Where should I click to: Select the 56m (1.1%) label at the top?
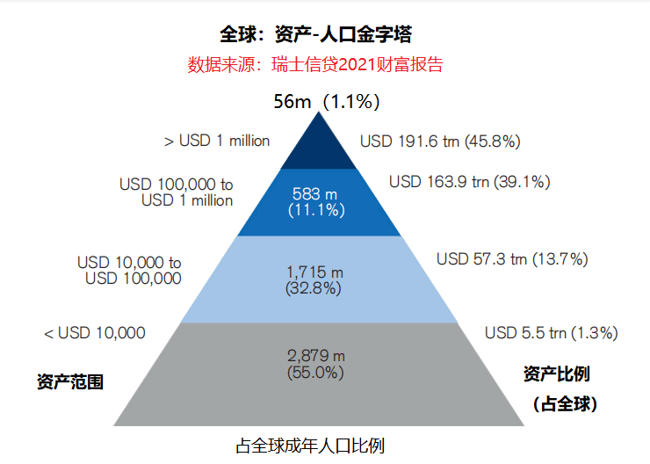click(x=326, y=102)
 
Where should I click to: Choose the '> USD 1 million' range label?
click(x=217, y=141)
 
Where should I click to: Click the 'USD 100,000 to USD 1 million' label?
click(x=177, y=192)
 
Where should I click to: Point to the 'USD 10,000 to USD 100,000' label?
click(x=129, y=271)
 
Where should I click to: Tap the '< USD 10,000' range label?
click(x=95, y=333)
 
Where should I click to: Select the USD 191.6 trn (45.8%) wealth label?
click(x=441, y=141)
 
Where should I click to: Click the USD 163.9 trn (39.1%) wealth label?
click(x=469, y=182)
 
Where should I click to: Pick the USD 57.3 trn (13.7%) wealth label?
click(x=512, y=259)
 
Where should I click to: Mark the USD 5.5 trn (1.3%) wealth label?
click(x=552, y=333)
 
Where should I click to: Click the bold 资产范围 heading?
click(x=70, y=382)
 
